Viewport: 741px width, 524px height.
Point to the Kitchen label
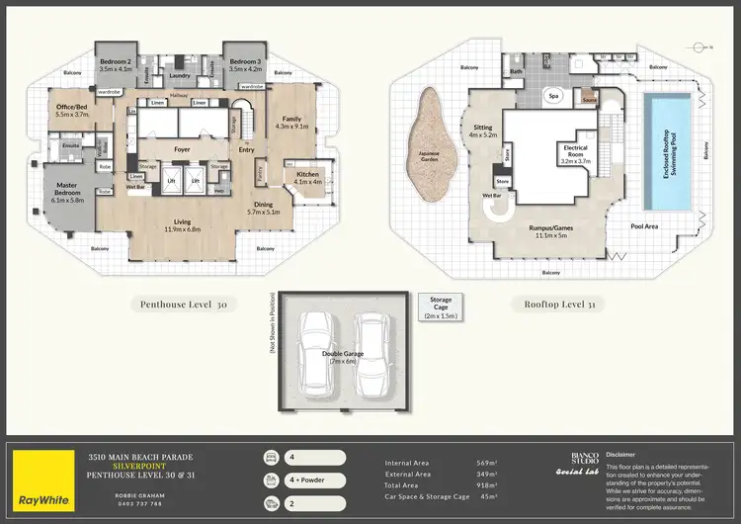[308, 178]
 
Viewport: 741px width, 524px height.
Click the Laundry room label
[180, 75]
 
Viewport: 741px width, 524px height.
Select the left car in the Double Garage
[319, 349]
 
